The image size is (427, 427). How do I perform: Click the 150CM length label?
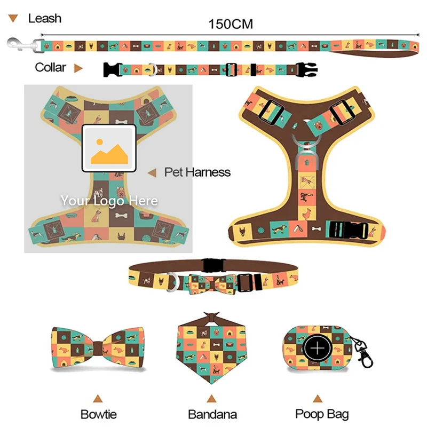tap(231, 24)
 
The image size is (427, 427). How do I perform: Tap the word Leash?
tap(44, 19)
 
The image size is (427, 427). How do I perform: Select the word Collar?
tap(50, 67)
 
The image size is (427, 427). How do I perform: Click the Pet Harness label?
tap(197, 172)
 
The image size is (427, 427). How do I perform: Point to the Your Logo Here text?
tap(109, 201)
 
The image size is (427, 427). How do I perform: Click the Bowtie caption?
tap(98, 414)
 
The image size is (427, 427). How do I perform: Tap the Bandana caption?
tap(212, 414)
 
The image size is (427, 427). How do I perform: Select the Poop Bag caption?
tap(322, 414)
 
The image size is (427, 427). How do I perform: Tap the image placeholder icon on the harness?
tap(109, 148)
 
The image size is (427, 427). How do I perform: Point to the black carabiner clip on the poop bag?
tap(365, 355)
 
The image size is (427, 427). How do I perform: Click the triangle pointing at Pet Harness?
tap(152, 172)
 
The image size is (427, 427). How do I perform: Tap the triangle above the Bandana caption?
tap(212, 398)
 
